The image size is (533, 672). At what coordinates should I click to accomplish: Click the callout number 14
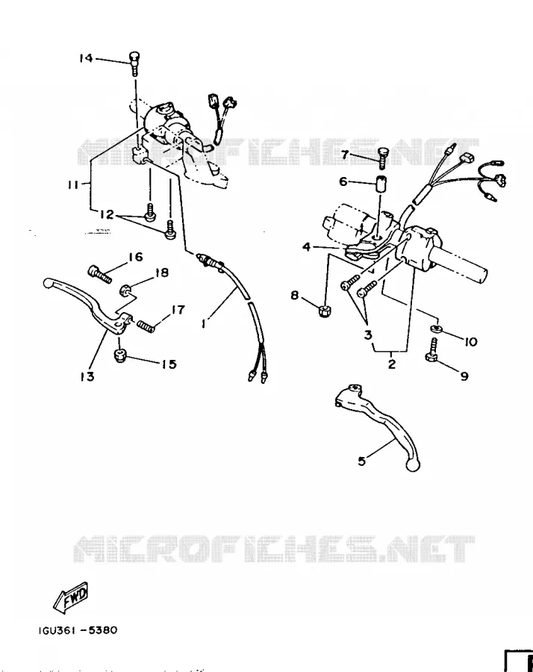(86, 57)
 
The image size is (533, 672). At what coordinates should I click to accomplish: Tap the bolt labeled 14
(134, 63)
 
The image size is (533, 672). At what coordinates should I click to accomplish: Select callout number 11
(73, 184)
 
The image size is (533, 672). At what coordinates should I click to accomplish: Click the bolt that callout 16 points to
(100, 274)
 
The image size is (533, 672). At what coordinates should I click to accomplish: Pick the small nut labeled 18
(125, 290)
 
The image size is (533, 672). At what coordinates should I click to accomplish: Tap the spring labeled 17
(146, 326)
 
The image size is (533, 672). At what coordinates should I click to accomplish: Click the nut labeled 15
(119, 355)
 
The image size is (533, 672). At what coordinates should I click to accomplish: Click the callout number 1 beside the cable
(204, 323)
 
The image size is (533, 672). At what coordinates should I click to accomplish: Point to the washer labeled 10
(436, 329)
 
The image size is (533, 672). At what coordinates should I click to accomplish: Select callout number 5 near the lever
(362, 461)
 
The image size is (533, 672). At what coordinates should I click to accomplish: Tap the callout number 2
(391, 364)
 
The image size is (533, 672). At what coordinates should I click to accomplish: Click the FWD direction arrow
(71, 597)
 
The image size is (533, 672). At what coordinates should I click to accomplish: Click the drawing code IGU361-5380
(77, 630)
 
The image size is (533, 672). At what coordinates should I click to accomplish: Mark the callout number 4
(306, 247)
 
